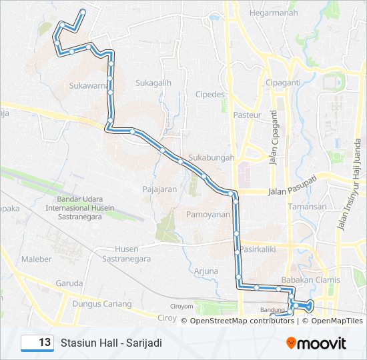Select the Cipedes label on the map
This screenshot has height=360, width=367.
pyautogui.click(x=210, y=95)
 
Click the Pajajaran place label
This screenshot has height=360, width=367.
pyautogui.click(x=159, y=189)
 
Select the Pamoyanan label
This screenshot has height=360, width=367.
pyautogui.click(x=207, y=215)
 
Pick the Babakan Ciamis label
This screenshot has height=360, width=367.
pyautogui.click(x=311, y=280)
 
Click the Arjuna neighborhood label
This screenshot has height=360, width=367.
pyautogui.click(x=206, y=271)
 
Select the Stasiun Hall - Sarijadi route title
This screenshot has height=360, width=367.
pyautogui.click(x=111, y=343)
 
